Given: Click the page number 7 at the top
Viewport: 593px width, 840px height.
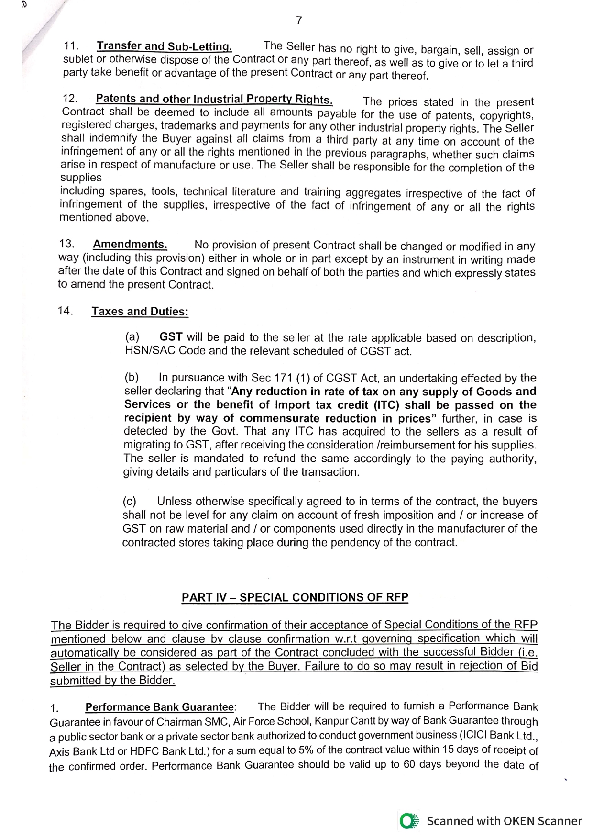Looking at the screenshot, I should click(x=299, y=21).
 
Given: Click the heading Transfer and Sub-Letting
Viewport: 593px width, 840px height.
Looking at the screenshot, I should click(x=164, y=46).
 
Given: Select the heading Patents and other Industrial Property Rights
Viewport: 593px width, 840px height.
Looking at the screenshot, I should click(x=214, y=99).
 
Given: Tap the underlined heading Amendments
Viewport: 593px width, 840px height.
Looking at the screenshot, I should click(x=130, y=245).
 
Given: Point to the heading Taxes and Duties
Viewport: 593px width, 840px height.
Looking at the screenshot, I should click(x=140, y=312).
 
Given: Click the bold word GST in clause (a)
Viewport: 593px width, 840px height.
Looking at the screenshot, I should click(x=171, y=337).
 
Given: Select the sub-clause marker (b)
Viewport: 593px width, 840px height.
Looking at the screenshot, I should click(x=132, y=378).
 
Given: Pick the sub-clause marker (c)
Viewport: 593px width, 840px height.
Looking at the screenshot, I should click(x=130, y=502).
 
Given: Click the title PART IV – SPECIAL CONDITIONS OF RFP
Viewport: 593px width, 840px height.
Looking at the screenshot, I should click(x=295, y=598).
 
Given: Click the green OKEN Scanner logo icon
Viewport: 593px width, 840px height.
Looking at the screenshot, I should click(x=409, y=821).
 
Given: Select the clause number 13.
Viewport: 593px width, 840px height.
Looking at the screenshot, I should click(x=67, y=244).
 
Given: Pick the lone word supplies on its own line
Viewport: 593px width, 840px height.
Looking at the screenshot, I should click(x=81, y=178).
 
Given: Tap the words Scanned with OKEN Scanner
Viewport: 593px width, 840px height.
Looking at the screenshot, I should click(x=504, y=821).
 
